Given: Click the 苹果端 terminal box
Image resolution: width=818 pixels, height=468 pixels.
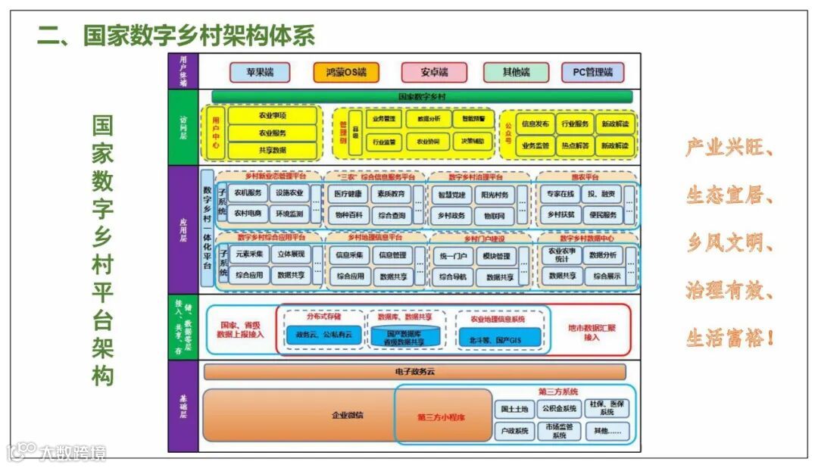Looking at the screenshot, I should [x=261, y=73].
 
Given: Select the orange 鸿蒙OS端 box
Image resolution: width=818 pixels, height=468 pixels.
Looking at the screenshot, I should [x=346, y=73].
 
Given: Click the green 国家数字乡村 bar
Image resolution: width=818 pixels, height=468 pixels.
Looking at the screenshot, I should [x=422, y=97].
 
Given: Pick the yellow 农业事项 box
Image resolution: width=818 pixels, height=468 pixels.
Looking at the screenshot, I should [x=272, y=116].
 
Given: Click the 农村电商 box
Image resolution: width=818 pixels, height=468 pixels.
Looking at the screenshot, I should [x=248, y=214].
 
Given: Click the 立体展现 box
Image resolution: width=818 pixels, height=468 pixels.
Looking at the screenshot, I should [x=291, y=254].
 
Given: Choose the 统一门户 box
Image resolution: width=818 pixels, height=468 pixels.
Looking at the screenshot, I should [x=453, y=256].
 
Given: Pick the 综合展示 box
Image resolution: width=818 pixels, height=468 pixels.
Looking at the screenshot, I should [x=607, y=276].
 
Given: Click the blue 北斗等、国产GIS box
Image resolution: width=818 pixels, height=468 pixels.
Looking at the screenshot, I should [x=500, y=337].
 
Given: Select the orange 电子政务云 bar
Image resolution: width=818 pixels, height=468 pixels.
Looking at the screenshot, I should [x=415, y=372].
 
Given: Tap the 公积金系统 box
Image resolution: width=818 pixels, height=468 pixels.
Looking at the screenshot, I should [x=559, y=410].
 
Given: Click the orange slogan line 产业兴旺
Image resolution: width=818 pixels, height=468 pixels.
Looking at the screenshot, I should [x=729, y=148].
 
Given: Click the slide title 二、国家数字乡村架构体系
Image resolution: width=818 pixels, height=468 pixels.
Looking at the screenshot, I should [x=176, y=35].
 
